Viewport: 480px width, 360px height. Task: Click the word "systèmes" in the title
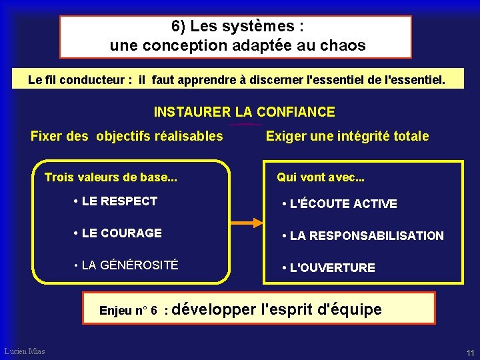(263, 27)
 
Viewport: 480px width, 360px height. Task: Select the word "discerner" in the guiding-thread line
(275, 80)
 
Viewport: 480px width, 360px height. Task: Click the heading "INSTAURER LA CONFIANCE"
(244, 112)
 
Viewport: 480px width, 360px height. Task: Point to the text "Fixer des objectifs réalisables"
(127, 137)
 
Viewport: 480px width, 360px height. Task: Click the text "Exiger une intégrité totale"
(347, 137)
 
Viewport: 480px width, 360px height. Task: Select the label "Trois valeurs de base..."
(111, 177)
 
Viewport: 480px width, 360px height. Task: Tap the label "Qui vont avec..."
(320, 177)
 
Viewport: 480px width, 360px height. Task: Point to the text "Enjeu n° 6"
(128, 311)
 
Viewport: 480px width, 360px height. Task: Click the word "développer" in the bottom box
(218, 309)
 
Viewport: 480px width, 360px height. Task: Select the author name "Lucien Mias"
(25, 351)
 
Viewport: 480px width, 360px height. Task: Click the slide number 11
(471, 353)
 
